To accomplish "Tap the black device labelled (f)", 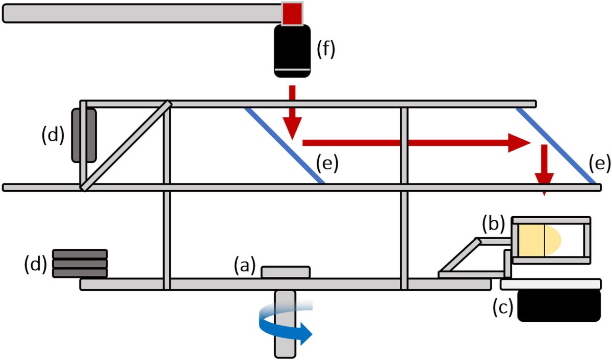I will (292, 51).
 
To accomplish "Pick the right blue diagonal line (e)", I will (556, 146).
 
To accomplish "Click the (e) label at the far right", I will (599, 163).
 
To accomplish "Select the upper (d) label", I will (53, 134).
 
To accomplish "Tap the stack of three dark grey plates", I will (80, 264).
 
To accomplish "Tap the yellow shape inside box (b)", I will (539, 240).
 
